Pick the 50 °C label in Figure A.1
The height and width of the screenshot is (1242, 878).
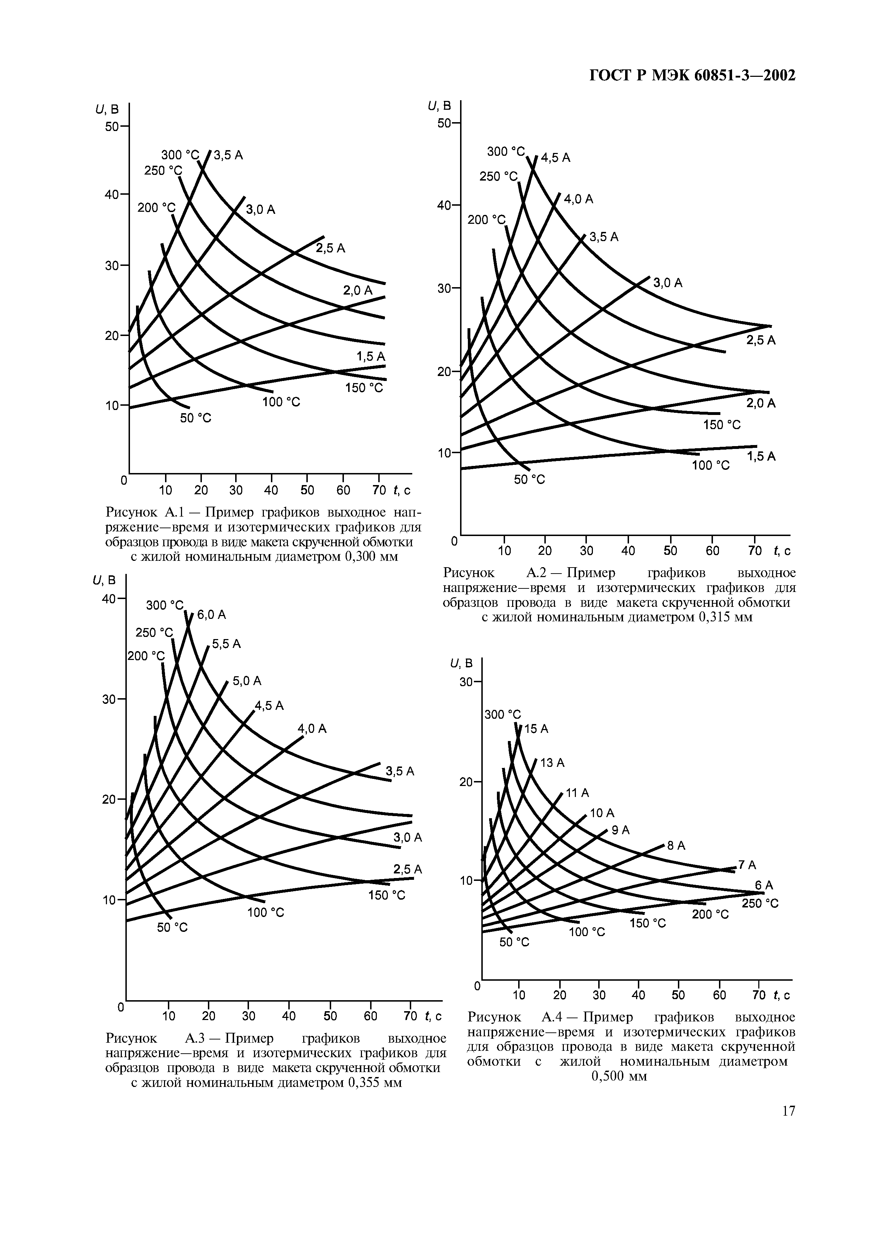[195, 418]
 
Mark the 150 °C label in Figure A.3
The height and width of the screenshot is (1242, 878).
[386, 895]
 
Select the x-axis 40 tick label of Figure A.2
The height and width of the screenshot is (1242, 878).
[628, 551]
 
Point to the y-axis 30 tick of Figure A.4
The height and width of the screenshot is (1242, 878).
[466, 682]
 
